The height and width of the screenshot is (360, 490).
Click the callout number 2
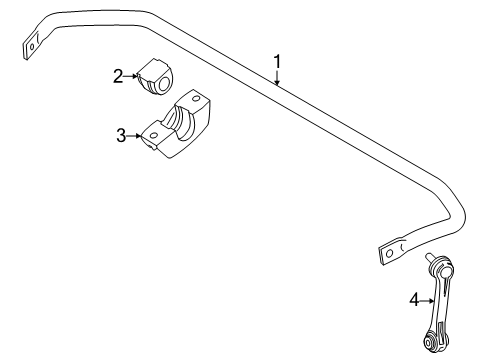tap(118, 75)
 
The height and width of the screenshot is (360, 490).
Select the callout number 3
tap(122, 135)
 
